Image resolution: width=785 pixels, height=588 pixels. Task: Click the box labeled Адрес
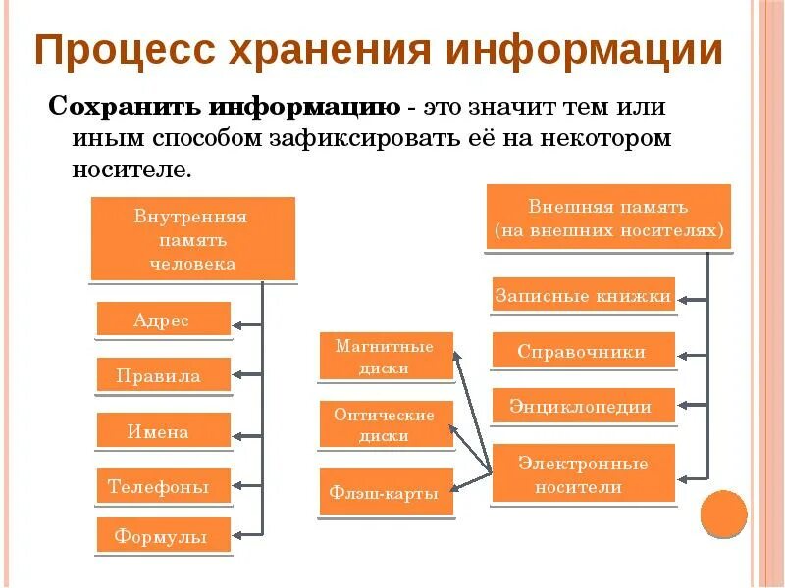(163, 319)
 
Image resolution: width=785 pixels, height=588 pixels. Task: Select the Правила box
(163, 375)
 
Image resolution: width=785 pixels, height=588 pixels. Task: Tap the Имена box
(163, 430)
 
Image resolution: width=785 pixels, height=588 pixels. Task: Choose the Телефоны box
(163, 485)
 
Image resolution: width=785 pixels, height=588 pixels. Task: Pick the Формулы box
(163, 536)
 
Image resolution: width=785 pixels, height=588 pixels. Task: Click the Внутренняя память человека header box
(193, 239)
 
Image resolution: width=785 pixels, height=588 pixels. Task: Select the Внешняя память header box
(608, 220)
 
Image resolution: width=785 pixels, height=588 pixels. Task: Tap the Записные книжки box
(583, 295)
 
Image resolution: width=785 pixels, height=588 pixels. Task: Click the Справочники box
(583, 351)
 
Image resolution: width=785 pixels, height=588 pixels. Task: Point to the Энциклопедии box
(583, 406)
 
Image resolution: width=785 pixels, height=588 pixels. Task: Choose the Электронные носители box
(583, 473)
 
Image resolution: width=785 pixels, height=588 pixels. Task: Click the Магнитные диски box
(386, 357)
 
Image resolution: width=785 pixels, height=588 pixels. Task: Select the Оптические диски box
(386, 425)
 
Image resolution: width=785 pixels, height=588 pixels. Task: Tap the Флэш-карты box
(386, 492)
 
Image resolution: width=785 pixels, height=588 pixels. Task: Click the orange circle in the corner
(724, 514)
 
